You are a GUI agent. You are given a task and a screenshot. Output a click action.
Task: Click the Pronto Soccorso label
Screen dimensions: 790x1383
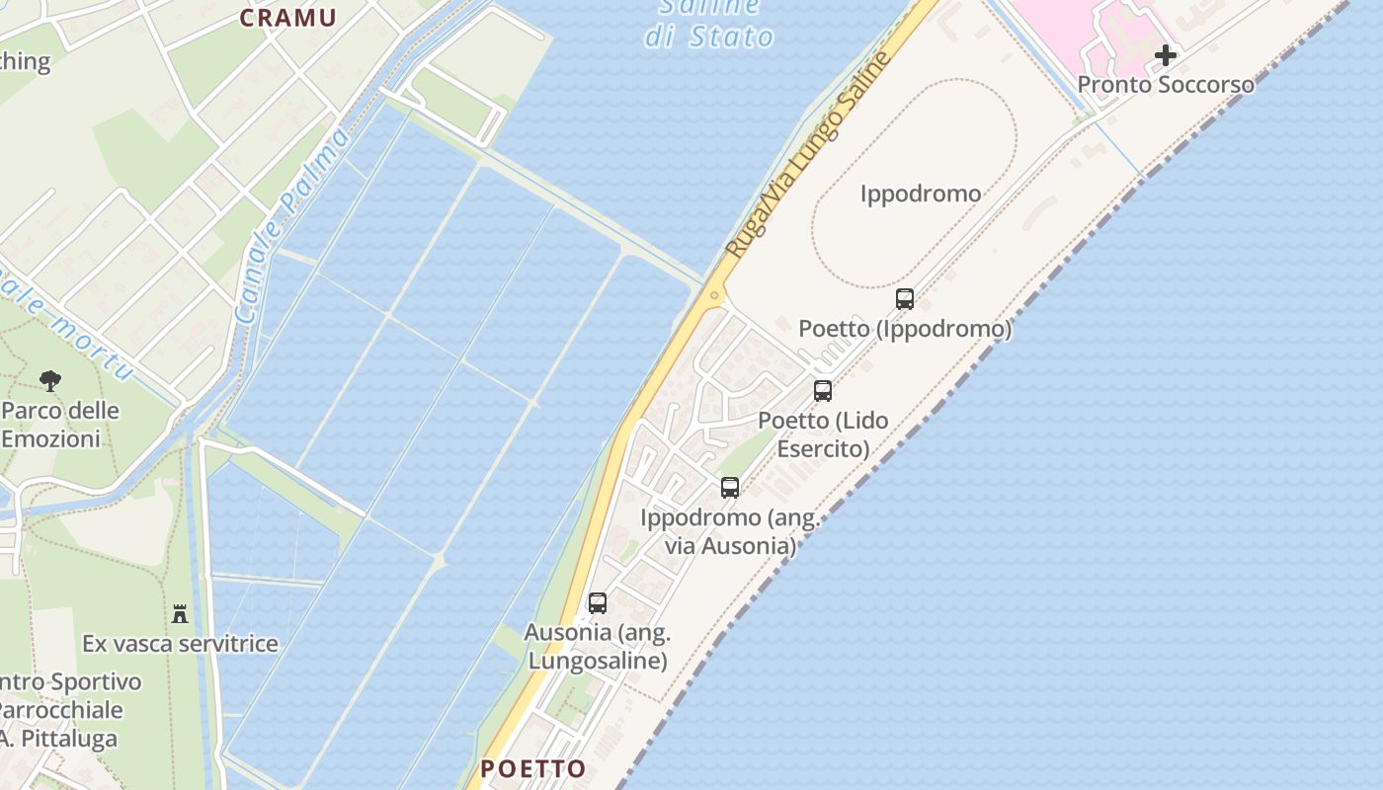(x=1165, y=85)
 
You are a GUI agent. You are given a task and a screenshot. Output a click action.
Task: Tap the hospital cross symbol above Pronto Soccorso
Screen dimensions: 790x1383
(x=1166, y=55)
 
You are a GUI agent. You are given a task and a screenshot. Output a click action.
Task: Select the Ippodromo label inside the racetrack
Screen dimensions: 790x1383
(x=920, y=194)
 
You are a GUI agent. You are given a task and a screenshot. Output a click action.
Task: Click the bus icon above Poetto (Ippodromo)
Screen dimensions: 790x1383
(x=904, y=298)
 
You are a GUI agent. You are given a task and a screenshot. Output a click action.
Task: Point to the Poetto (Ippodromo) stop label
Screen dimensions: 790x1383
(x=905, y=328)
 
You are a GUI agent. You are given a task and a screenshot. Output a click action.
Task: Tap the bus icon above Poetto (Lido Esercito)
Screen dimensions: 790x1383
(x=822, y=391)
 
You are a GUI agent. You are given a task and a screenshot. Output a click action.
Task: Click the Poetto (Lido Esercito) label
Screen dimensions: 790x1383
(x=823, y=434)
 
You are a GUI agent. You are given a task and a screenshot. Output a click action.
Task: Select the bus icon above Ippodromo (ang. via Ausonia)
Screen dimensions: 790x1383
(x=729, y=487)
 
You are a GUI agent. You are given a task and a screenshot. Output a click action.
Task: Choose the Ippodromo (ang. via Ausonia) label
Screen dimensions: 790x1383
(x=730, y=531)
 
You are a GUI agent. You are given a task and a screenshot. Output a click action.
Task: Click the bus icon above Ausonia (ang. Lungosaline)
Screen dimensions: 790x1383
(x=597, y=602)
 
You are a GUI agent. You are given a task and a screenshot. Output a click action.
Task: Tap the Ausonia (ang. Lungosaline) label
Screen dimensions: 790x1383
(x=598, y=647)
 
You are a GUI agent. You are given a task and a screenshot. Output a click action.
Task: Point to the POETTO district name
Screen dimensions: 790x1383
(x=532, y=768)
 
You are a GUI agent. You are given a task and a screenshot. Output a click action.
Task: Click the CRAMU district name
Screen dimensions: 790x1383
(x=287, y=18)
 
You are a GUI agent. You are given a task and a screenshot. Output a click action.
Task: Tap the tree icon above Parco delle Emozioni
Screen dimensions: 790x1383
(x=49, y=380)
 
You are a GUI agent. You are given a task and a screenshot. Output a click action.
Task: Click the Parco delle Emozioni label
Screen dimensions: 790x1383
(x=59, y=425)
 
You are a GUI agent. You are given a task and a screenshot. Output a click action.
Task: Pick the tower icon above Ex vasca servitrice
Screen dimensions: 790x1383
(x=180, y=614)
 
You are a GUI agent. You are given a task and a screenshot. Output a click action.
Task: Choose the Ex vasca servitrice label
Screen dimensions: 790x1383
(x=180, y=644)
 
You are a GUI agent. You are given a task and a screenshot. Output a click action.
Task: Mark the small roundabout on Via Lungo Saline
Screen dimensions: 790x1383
(x=713, y=294)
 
